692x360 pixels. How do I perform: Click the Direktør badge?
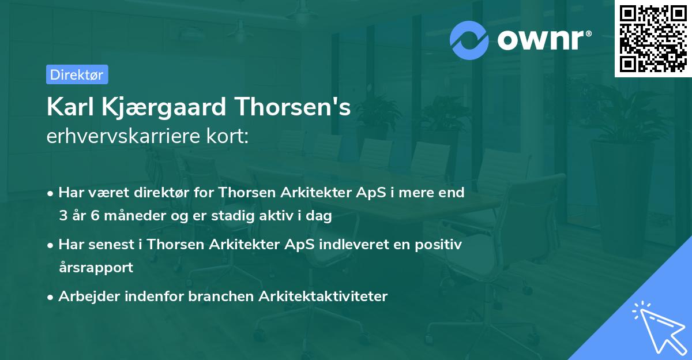coord(77,74)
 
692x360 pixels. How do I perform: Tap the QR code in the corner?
coord(653,38)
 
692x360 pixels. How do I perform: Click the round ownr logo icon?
coord(469,40)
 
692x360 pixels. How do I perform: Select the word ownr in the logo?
coord(542,40)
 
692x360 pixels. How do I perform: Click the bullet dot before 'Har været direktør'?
coord(51,193)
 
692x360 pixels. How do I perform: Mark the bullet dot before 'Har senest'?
coord(51,245)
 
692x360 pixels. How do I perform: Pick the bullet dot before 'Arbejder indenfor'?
coord(51,297)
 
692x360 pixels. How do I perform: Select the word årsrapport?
coord(96,268)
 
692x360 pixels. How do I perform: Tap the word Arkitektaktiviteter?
coord(324,297)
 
